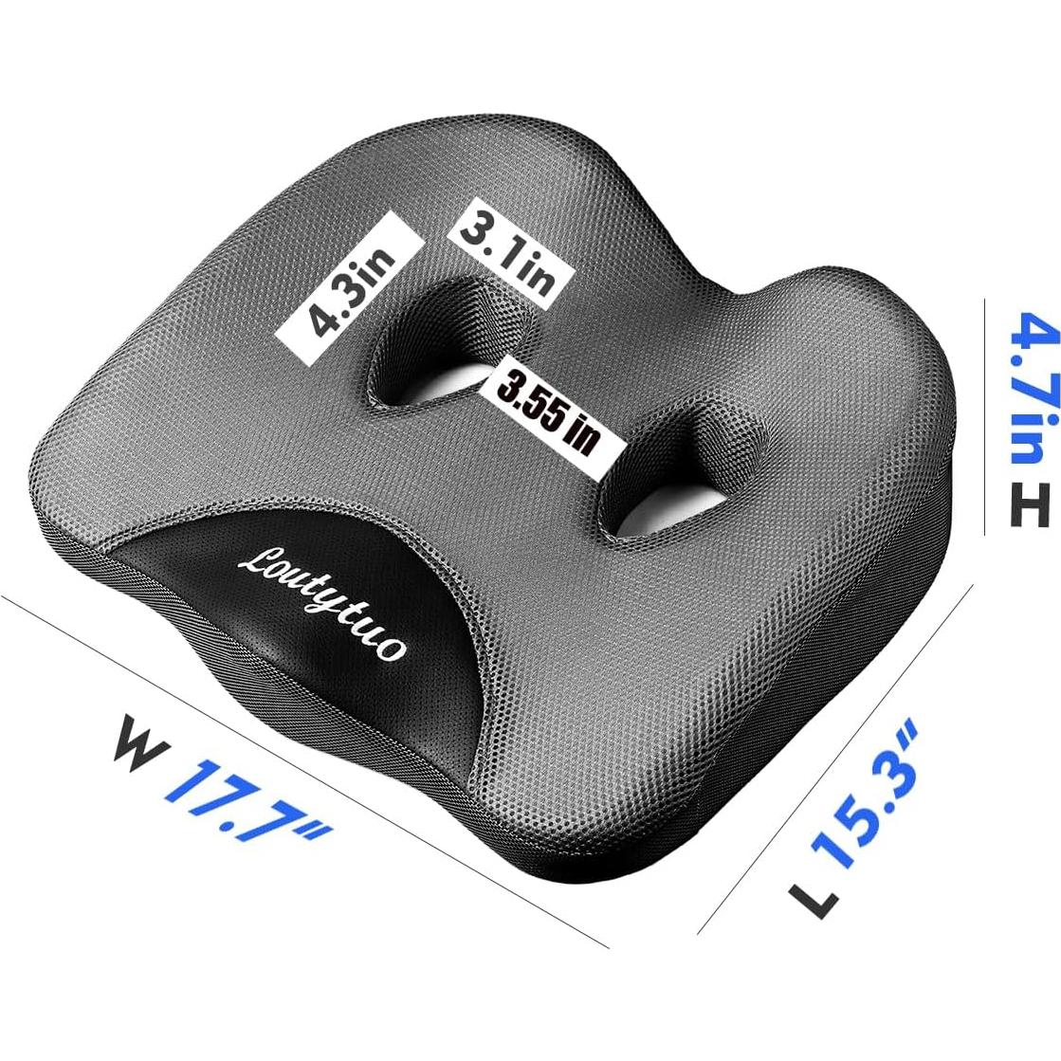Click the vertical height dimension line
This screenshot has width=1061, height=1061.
coord(985,417)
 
